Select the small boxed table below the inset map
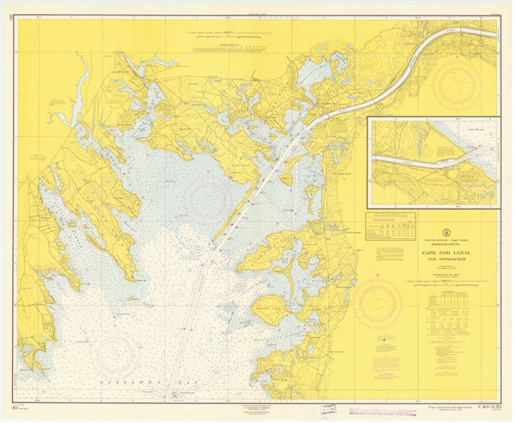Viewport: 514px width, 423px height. coord(391,226)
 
